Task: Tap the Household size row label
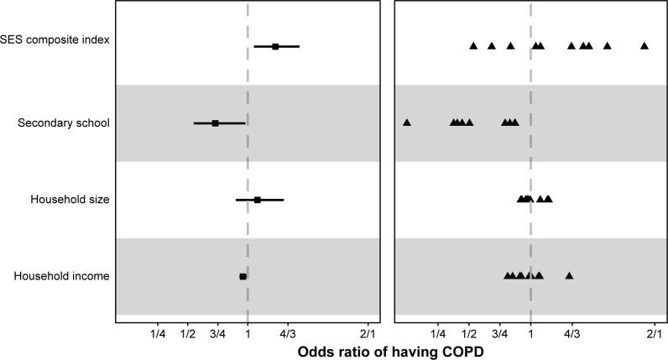coord(70,200)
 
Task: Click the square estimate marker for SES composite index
coord(275,46)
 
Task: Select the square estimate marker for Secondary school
coord(215,123)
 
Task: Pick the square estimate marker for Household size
coord(258,200)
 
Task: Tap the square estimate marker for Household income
coord(243,276)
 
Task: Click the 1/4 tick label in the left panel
coord(158,335)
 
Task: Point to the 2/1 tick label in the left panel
coord(368,335)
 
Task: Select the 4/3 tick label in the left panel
coord(288,335)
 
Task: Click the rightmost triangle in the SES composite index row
coord(645,45)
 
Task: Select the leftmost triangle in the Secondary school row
coord(407,123)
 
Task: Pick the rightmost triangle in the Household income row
coord(570,275)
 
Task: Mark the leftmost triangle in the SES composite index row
coord(473,45)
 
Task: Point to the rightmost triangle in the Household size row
coord(549,199)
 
